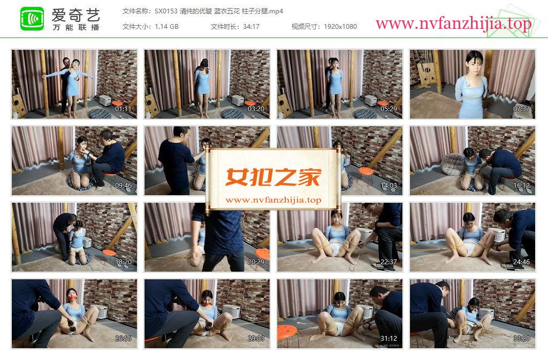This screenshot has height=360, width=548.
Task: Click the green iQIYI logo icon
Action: point(32,19)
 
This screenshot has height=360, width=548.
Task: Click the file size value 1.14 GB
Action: point(167,27)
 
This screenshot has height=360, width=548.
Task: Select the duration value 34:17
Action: point(252,27)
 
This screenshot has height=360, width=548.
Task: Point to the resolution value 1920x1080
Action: point(340,27)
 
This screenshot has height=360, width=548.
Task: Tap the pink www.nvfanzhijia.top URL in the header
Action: point(453,24)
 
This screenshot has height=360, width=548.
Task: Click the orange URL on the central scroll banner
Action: point(273,200)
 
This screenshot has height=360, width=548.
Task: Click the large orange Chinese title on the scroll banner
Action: point(273,177)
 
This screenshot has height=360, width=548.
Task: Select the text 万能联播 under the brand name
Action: point(76,27)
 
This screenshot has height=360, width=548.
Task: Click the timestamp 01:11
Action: point(123,109)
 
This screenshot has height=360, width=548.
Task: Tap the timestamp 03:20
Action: point(256,109)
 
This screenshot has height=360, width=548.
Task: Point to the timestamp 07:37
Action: point(521,109)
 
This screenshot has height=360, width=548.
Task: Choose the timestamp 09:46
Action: point(123,186)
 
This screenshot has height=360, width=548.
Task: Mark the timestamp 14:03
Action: point(389,186)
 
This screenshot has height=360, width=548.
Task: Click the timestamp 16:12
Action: point(521,186)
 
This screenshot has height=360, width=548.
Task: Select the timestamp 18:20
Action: point(123,262)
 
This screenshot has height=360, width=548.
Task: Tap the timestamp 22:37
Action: point(389,262)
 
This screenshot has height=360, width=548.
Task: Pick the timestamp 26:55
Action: point(123,339)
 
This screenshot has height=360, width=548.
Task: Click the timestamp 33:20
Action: point(521,339)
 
